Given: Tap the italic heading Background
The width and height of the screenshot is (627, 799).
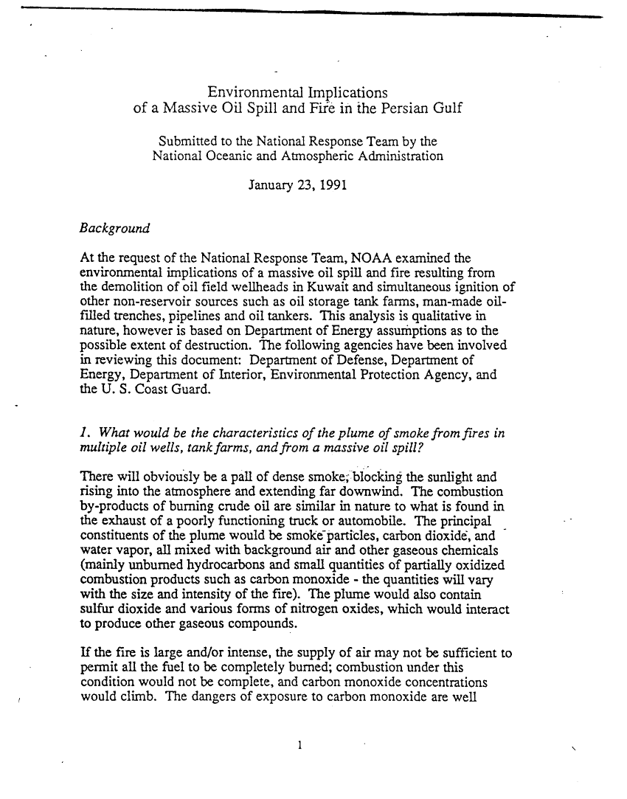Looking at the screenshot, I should pyautogui.click(x=114, y=228).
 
